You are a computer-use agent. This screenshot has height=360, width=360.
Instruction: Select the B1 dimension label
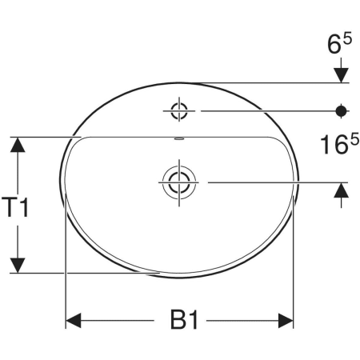pyautogui.click(x=184, y=321)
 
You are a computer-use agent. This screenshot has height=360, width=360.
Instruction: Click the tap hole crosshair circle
pyautogui.click(x=178, y=110)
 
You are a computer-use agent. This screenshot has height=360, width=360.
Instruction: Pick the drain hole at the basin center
pyautogui.click(x=178, y=182)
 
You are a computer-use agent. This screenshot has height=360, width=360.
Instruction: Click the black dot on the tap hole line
pyautogui.click(x=342, y=110)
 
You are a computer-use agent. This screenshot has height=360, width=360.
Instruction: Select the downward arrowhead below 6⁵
pyautogui.click(x=342, y=74)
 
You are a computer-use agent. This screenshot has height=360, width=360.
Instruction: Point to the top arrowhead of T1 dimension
pyautogui.click(x=18, y=145)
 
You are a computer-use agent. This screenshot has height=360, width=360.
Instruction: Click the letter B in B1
pyautogui.click(x=177, y=321)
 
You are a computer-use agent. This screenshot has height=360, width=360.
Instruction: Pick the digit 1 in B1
pyautogui.click(x=192, y=321)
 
